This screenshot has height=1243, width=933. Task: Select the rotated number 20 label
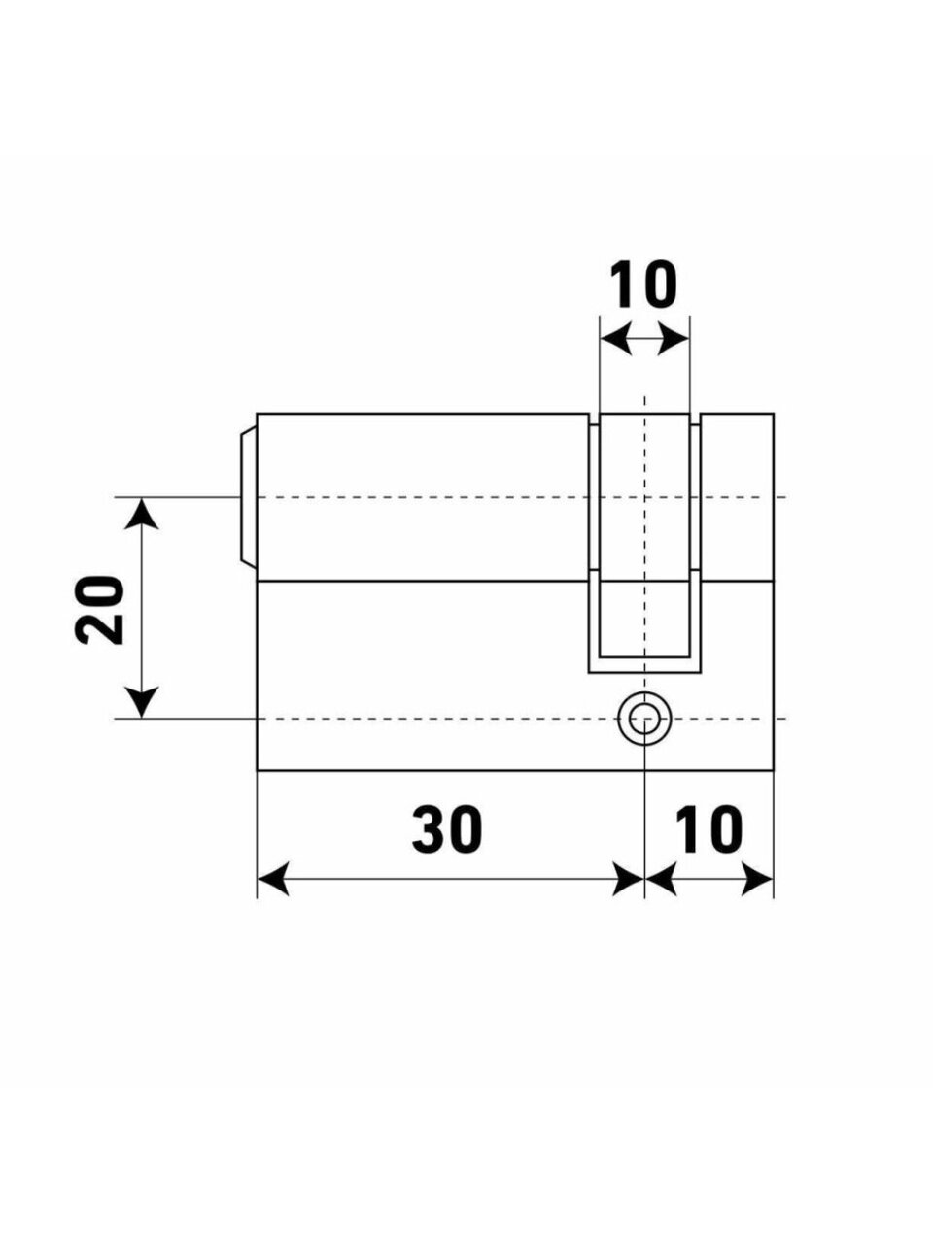tap(98, 610)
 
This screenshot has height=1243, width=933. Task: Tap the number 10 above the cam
tap(643, 285)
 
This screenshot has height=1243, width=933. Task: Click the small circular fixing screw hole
tap(644, 719)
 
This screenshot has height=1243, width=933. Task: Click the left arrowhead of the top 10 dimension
tap(616, 340)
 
